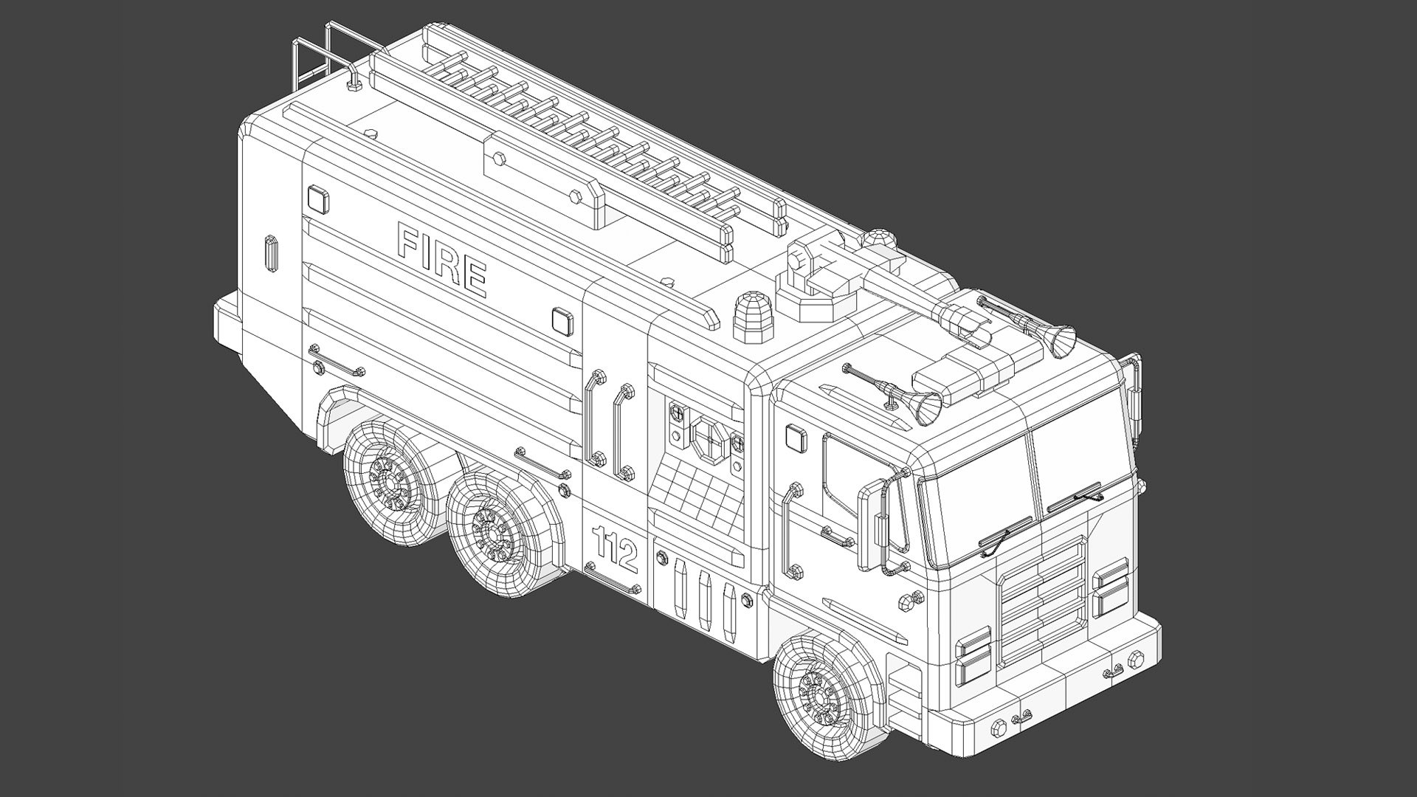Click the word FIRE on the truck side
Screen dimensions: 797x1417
[441, 259]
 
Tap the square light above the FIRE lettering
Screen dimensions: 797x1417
[317, 199]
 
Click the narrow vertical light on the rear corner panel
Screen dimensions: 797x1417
[271, 255]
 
